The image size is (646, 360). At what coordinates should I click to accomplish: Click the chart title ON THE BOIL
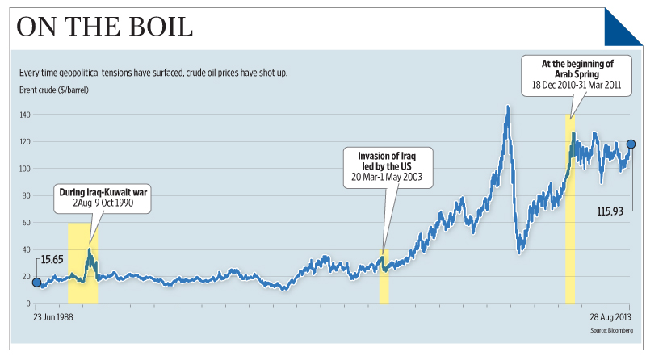105,27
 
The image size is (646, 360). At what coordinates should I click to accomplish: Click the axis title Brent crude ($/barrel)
53,89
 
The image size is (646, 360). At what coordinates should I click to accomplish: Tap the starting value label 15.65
52,261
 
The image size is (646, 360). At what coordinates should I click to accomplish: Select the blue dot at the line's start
36,282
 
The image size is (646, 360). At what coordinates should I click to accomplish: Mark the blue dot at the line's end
631,144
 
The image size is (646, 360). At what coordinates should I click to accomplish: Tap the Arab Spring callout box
575,73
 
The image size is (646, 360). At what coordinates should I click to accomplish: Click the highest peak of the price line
507,106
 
